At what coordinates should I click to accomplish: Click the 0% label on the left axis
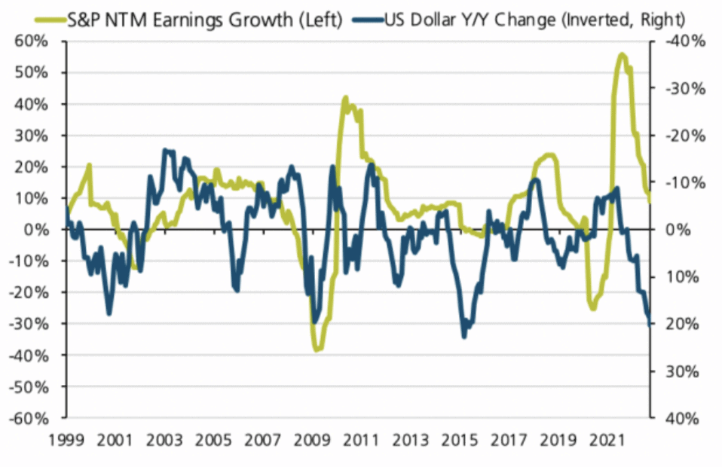(x=39, y=230)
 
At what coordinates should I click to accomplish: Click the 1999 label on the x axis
(x=66, y=438)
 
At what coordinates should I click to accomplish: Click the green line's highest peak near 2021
(x=622, y=54)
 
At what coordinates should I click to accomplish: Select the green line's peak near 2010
(x=345, y=97)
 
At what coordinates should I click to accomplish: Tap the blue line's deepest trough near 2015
(x=464, y=336)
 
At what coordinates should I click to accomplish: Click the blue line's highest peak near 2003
(x=165, y=150)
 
